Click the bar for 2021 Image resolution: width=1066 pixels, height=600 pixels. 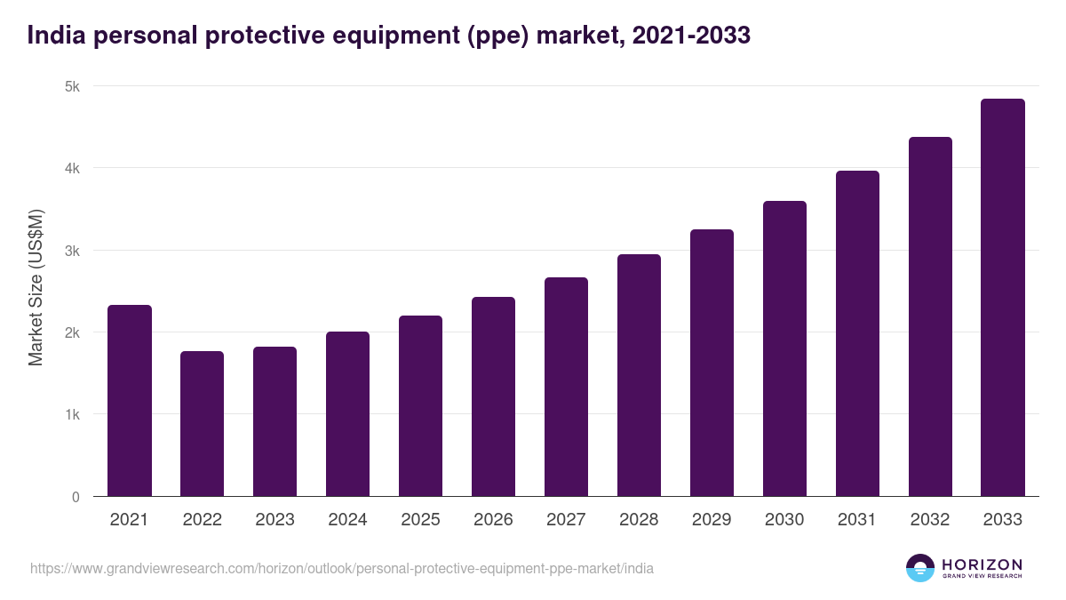tap(130, 401)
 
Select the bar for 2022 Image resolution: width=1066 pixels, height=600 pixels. tap(203, 424)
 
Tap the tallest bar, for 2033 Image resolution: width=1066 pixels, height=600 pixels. tap(1003, 298)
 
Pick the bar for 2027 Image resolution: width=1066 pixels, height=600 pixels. tap(566, 387)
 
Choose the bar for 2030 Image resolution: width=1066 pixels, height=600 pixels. tap(784, 348)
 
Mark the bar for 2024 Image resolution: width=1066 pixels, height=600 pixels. tap(347, 414)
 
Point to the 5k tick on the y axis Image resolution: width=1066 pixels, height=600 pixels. tap(72, 86)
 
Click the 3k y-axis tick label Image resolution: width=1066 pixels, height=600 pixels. tap(72, 251)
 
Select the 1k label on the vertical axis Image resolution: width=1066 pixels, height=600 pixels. tap(72, 415)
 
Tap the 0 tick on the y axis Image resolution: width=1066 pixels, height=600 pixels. tap(76, 497)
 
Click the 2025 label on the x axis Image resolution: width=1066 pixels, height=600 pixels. tap(420, 520)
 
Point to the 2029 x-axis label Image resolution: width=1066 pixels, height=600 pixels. tap(712, 520)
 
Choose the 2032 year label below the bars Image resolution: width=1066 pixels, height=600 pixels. tap(930, 520)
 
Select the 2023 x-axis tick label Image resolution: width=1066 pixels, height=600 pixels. tap(274, 520)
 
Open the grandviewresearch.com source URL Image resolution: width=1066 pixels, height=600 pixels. tap(342, 568)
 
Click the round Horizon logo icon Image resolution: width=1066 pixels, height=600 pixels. tap(920, 568)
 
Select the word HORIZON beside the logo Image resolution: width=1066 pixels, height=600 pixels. tap(982, 564)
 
